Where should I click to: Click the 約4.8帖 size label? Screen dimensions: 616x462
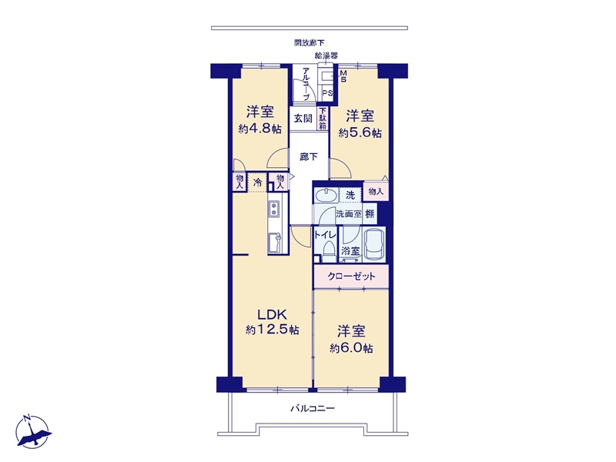click(x=259, y=129)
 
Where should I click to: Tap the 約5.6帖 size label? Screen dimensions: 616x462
click(x=360, y=132)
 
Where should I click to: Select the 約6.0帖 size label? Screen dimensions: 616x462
click(x=351, y=348)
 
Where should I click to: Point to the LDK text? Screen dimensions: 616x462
click(x=273, y=315)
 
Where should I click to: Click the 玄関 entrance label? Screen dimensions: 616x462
click(x=303, y=118)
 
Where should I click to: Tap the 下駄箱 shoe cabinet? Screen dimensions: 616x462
click(x=323, y=119)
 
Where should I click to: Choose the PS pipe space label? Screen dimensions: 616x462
click(x=328, y=93)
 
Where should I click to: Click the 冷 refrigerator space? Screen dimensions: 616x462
click(x=258, y=182)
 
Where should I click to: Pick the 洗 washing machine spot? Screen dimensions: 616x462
click(x=350, y=195)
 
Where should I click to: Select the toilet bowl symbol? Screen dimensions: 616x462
click(x=328, y=249)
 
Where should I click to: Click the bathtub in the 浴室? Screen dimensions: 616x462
click(x=373, y=243)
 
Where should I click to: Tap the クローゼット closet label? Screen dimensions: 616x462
click(x=351, y=276)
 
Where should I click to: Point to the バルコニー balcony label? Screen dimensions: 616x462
click(x=313, y=409)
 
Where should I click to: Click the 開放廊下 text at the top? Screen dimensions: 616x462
click(x=310, y=43)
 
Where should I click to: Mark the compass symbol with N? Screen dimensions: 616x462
click(x=33, y=431)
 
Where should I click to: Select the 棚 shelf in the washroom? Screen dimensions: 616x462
click(x=370, y=214)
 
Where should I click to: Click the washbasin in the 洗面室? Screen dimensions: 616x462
click(x=325, y=196)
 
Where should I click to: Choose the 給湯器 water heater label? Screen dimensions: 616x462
click(x=326, y=55)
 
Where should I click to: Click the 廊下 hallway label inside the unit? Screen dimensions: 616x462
click(x=309, y=157)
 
